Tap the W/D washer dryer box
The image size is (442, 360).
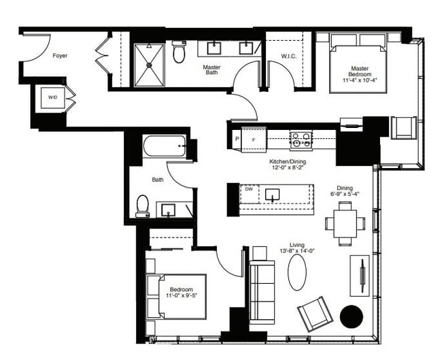tap(53, 97)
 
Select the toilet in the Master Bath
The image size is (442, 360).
tap(179, 52)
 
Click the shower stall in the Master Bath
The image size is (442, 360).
tap(149, 65)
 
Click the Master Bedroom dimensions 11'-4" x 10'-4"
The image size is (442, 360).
tap(360, 81)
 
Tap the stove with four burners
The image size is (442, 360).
tap(301, 140)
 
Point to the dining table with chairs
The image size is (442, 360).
tap(344, 222)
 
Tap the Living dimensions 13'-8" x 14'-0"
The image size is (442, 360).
tap(297, 251)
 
